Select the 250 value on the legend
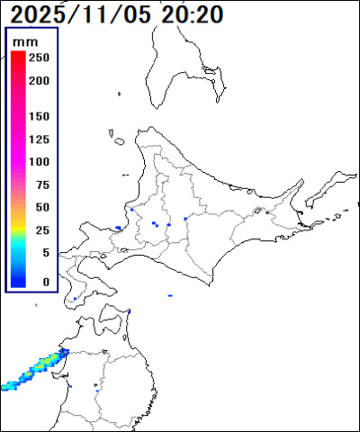39,58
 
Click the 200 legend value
39,81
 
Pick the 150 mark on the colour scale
39,117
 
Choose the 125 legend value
39,139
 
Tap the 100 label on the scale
39,162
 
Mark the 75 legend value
41,185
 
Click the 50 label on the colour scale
41,208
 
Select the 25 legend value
41,230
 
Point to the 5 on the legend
45,253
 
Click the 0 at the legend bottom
45,282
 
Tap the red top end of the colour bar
18,56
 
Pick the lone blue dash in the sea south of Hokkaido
170,294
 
